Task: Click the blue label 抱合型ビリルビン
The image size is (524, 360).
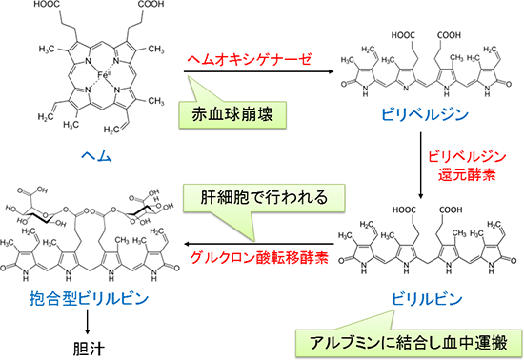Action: pos(88,297)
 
